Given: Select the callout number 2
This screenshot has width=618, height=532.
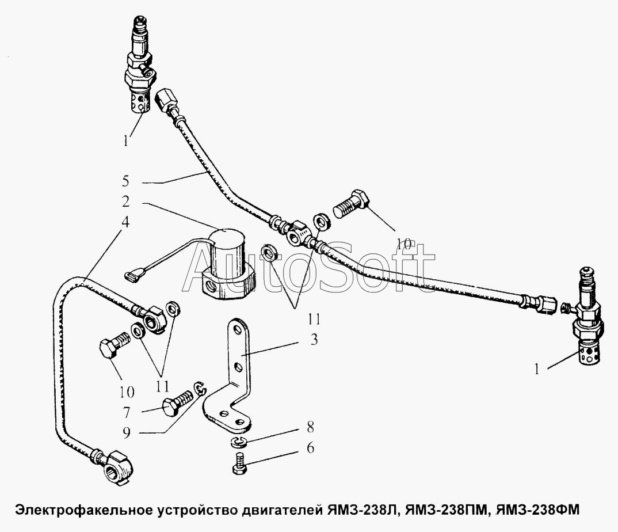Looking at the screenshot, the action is (125, 202).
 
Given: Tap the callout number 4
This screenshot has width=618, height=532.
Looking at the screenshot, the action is (125, 222).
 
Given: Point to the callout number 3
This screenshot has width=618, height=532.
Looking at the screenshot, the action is (314, 340).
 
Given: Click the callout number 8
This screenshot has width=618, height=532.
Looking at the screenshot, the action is (311, 427).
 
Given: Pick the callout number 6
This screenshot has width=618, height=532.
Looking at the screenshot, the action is (311, 448).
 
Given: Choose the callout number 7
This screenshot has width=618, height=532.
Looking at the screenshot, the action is (126, 413).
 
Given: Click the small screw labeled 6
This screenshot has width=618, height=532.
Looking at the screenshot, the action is (239, 464).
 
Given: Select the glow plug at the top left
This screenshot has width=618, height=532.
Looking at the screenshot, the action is (139, 64).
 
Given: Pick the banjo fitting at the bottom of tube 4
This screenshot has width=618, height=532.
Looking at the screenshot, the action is (115, 468).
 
